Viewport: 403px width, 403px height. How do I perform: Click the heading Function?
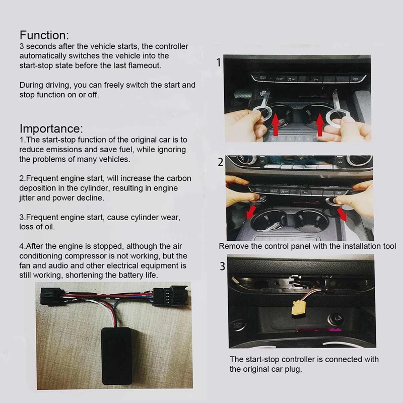click(x=44, y=35)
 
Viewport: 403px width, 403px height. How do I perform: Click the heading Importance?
click(x=51, y=128)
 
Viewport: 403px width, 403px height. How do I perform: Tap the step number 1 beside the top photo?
click(x=219, y=62)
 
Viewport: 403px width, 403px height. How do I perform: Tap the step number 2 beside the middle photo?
click(x=220, y=162)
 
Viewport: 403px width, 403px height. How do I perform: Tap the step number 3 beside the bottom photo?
click(x=222, y=266)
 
